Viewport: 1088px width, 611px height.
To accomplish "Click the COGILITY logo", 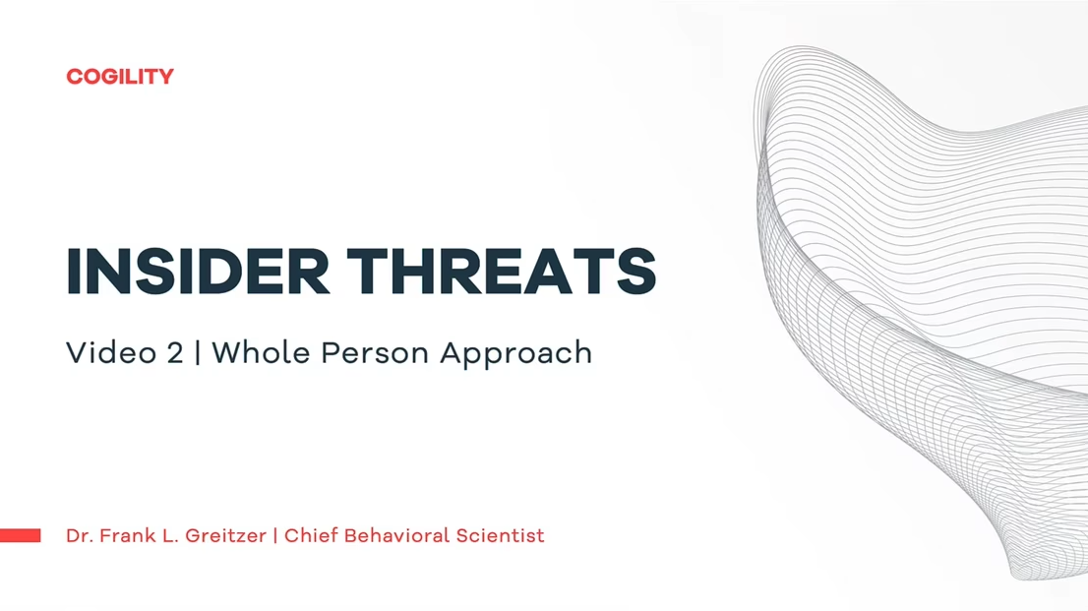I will (x=120, y=77).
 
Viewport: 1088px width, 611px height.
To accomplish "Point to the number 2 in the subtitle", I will (x=175, y=353).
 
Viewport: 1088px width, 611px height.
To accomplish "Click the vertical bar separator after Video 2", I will (x=198, y=353).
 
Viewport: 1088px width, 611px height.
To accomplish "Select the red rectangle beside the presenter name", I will (x=20, y=535).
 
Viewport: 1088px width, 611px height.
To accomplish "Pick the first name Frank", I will (x=122, y=536).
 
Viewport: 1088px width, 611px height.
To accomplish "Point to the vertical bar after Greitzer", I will (x=275, y=536).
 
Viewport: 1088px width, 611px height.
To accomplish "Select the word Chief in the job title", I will (x=310, y=536).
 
